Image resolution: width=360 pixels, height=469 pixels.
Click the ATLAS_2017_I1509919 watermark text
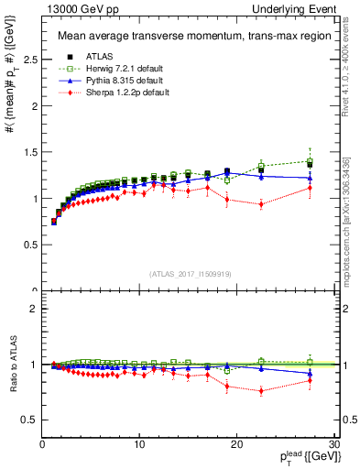190,273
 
